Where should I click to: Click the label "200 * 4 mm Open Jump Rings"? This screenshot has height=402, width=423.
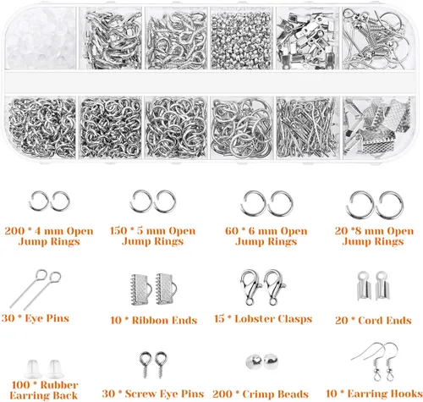click(52, 235)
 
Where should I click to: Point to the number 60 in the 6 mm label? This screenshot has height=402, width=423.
click(234, 230)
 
